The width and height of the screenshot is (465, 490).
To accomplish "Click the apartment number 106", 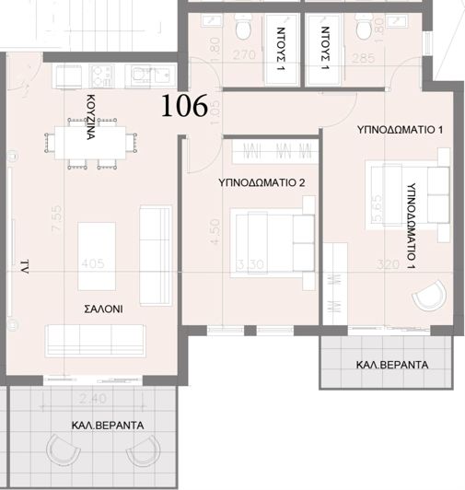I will (184, 107).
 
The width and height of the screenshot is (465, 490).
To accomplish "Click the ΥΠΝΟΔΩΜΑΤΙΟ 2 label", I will (262, 183).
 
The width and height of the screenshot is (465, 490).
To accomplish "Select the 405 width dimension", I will (93, 263).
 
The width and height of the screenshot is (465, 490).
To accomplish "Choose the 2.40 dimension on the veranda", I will (93, 399).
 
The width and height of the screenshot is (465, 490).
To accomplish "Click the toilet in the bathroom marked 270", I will (243, 30).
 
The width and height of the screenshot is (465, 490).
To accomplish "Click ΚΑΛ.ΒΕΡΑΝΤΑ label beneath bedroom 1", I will (391, 365).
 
